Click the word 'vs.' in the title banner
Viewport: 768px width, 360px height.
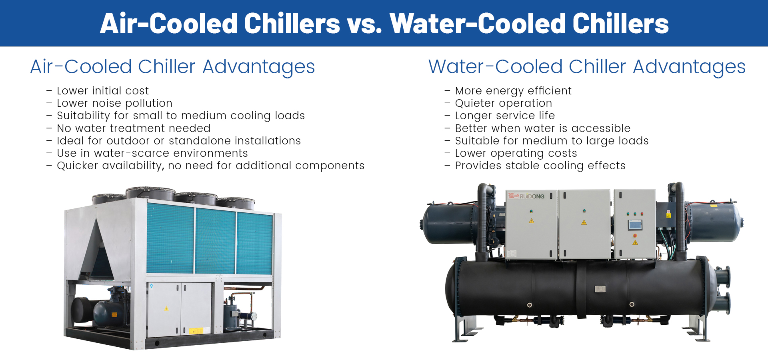[364, 24]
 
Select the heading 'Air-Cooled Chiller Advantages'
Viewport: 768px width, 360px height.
[173, 67]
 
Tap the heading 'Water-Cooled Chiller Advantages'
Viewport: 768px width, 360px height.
[587, 67]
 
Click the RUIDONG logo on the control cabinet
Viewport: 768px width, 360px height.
[526, 196]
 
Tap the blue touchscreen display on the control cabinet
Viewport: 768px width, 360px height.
[635, 225]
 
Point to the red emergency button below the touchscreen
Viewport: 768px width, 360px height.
[635, 236]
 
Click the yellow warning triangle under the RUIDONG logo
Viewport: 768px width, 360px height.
[531, 221]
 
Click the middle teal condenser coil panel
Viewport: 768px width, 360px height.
[215, 241]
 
